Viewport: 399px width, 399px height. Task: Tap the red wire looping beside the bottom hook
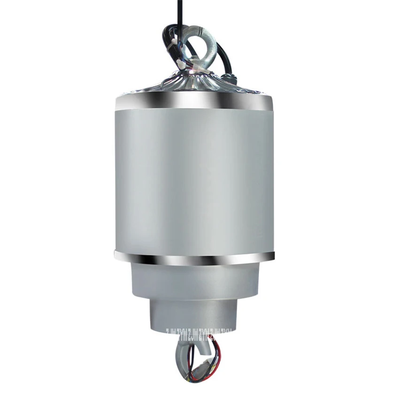(x=216, y=350)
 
